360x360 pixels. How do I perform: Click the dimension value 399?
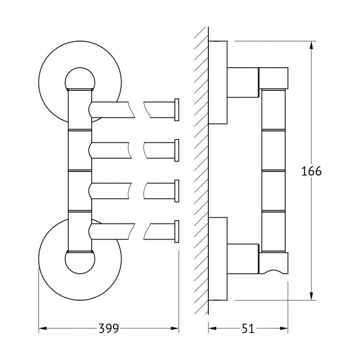[108, 328]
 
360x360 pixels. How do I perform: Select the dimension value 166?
[312, 171]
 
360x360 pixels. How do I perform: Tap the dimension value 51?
[248, 328]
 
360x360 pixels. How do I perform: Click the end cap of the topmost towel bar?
[177, 110]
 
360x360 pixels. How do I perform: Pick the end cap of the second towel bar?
[177, 150]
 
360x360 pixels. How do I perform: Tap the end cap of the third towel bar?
[177, 191]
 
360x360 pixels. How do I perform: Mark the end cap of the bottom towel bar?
[177, 232]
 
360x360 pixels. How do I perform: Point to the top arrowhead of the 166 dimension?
[312, 45]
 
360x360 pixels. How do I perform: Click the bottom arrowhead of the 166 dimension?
[312, 296]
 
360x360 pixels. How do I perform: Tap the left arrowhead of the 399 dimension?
[43, 328]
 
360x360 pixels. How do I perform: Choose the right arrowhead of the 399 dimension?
[175, 328]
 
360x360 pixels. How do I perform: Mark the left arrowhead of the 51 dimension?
[212, 328]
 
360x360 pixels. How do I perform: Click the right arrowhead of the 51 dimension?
[284, 328]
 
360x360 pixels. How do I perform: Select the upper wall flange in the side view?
[217, 83]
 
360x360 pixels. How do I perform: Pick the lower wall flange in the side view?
[217, 259]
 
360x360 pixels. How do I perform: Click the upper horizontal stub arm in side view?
[243, 83]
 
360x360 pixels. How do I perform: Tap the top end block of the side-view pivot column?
[274, 78]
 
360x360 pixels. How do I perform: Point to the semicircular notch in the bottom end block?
[273, 271]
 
